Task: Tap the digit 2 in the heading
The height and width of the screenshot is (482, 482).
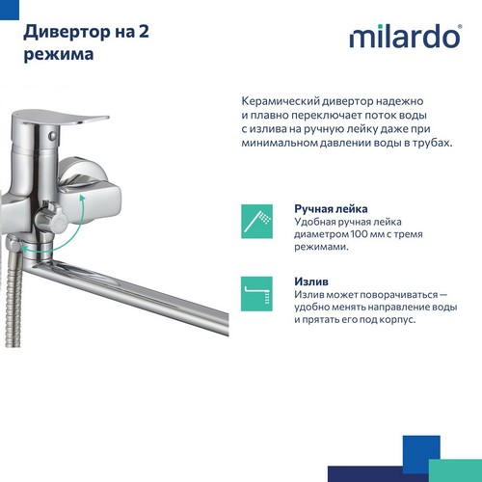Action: pos(144,32)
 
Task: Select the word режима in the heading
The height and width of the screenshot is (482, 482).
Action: pos(59,54)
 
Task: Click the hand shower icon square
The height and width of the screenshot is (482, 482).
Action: pos(256,222)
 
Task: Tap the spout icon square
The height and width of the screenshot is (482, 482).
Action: pos(256,294)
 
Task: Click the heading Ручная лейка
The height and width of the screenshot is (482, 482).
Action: pos(331,209)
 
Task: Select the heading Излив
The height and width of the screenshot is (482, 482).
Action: pos(311,281)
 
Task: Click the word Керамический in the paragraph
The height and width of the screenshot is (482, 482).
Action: pos(281,101)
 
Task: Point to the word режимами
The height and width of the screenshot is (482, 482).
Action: pos(320,247)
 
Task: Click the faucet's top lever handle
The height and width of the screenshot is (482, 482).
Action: pos(60,119)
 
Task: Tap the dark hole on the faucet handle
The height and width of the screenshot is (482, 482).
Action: pos(53,135)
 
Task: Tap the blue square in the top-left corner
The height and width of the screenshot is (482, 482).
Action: pos(10,10)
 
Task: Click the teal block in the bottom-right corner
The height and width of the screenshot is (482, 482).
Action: pos(455,470)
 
